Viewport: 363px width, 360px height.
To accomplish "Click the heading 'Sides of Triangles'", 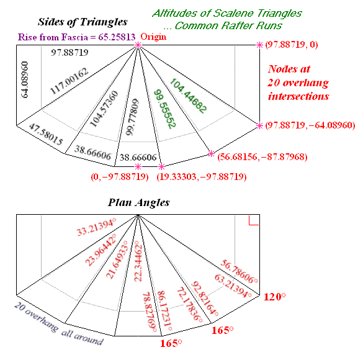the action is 83,22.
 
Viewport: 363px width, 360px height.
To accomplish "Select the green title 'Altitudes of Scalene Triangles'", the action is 227,14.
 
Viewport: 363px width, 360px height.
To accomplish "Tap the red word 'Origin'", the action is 153,37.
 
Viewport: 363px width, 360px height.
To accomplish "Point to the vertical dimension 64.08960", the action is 25,79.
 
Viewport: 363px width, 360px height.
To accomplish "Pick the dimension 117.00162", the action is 69,81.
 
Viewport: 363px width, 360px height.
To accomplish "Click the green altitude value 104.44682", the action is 188,96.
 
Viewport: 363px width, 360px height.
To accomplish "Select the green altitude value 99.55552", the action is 165,109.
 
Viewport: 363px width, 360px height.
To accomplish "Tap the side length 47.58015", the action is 46,134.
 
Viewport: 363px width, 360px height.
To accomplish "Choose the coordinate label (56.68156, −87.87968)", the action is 262,157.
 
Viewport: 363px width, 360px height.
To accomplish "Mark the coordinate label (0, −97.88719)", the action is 120,177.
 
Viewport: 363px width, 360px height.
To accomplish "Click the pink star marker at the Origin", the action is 138,45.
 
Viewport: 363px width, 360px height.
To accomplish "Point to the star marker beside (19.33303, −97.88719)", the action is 161,166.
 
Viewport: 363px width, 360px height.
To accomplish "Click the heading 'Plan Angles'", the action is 138,202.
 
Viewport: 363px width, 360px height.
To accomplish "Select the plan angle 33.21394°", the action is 96,227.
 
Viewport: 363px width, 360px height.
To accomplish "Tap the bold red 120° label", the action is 275,297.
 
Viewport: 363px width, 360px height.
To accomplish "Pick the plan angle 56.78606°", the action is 239,272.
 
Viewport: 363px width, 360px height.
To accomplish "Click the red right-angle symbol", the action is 254,220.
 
